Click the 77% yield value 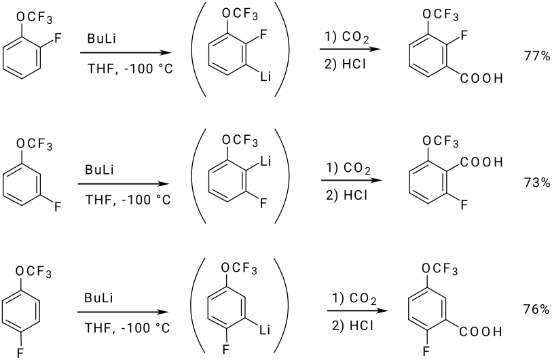click(536, 56)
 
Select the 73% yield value click(536, 183)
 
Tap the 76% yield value click(536, 309)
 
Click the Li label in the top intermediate click(265, 79)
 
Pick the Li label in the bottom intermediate click(265, 331)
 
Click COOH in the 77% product click(481, 79)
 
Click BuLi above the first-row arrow click(100, 39)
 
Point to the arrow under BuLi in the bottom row click(122, 312)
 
